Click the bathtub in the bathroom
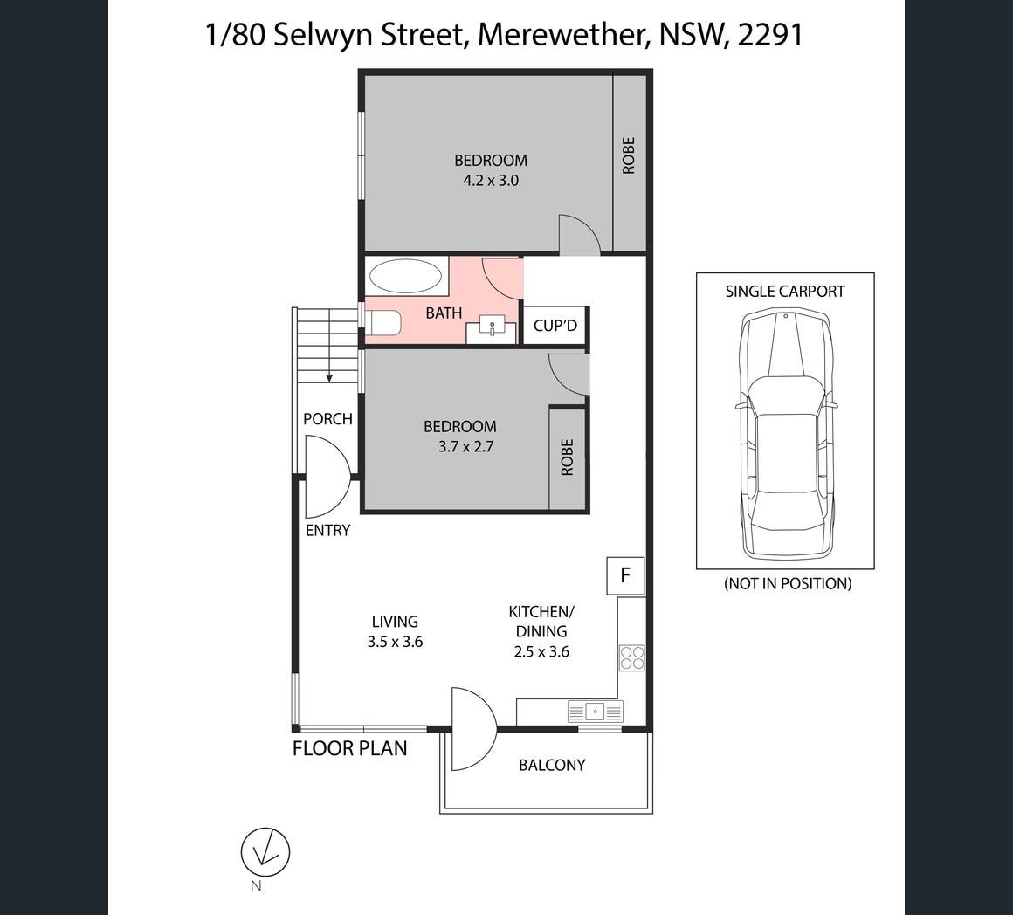coord(405,277)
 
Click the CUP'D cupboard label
coord(555,325)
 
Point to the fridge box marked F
coord(624,575)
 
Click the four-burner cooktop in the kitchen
coord(632,658)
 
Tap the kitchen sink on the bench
coord(595,712)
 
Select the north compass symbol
coord(265,852)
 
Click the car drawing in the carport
coord(785,435)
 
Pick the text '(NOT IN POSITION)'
coord(788,584)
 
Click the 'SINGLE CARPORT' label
coord(785,292)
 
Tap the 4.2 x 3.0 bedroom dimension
coord(491,180)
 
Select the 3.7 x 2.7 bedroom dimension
coord(465,446)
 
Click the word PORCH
coord(327,419)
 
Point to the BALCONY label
coord(552,765)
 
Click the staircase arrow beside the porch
coord(329,346)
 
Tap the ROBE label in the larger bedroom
coord(629,155)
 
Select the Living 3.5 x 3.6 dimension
coord(395,642)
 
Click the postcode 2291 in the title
coord(770,34)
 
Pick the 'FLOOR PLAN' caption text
coord(349,748)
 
